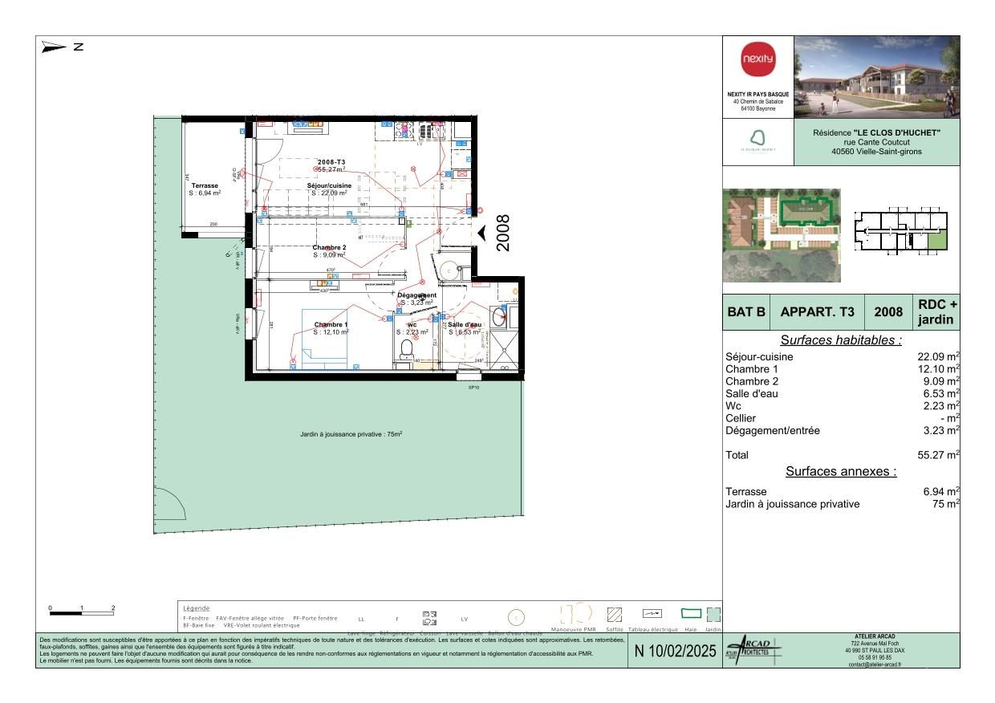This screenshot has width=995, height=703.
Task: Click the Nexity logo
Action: [x=757, y=60]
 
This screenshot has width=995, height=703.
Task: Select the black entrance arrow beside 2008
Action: [x=482, y=233]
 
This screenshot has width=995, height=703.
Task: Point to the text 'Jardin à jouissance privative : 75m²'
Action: [x=351, y=434]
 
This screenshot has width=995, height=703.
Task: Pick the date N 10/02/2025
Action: [x=675, y=652]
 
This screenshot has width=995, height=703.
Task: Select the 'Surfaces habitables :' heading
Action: [x=841, y=340]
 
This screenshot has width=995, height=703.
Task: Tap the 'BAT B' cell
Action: [x=746, y=312]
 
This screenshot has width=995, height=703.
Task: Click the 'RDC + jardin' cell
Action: [x=936, y=312]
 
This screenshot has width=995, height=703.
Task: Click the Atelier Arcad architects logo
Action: [x=751, y=650]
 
